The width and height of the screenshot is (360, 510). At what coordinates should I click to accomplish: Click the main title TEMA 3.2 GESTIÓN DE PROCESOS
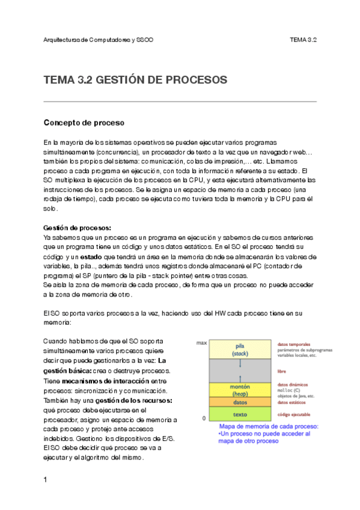coord(135,80)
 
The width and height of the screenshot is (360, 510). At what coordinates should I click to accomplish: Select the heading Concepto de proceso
coord(84,123)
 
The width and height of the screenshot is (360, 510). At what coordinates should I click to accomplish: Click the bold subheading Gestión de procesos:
coord(77,228)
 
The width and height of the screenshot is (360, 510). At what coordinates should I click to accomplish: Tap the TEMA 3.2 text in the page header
coord(303,40)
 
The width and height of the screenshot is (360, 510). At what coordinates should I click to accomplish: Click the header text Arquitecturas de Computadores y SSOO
coord(99,40)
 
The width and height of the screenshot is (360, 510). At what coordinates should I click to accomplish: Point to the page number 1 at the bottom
coord(46,480)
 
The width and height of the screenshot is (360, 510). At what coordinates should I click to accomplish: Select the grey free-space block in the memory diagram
coord(240,370)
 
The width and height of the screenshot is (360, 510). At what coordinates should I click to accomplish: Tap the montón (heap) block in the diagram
coord(240,389)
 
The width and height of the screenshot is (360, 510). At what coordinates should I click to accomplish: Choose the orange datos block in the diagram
coord(240,402)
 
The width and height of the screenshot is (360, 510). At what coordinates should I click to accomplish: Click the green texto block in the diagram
coord(240,414)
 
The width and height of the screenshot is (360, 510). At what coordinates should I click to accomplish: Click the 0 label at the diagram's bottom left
coord(204,417)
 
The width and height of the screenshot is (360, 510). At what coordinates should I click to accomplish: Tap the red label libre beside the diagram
coord(282,371)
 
